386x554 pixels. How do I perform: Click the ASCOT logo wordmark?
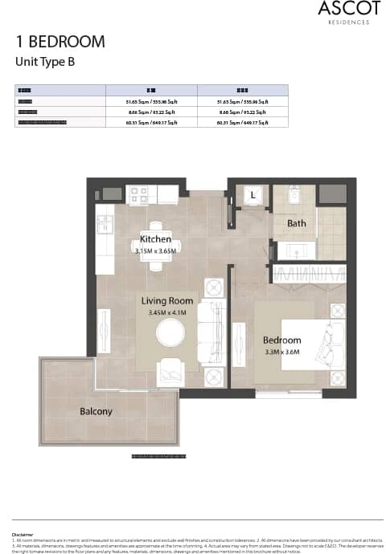(343, 10)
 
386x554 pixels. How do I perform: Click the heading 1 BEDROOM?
(60, 42)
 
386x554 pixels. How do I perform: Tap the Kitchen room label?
(155, 239)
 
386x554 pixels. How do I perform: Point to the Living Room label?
(166, 301)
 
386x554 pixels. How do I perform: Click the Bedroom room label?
(281, 340)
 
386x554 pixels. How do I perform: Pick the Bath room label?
(296, 223)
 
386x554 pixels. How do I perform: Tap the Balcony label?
(96, 411)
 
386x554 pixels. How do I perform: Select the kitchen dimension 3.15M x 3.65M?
(156, 251)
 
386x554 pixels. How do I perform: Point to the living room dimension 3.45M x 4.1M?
(167, 312)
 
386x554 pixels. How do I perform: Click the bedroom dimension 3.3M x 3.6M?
(281, 352)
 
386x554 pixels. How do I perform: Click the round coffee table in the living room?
(170, 332)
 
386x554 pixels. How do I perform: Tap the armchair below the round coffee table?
(170, 370)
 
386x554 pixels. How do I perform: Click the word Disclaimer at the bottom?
(23, 533)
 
